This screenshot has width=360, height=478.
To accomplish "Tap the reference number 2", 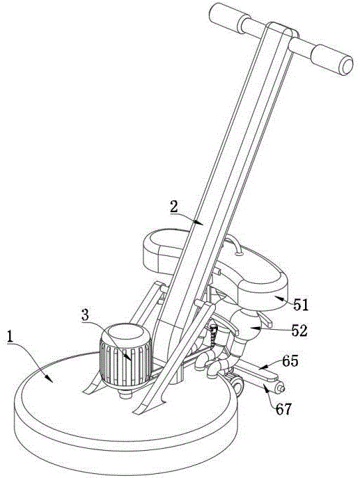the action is click(174, 207).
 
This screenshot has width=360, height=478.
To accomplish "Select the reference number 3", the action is click(86, 315).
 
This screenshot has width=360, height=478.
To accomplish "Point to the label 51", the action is click(301, 305).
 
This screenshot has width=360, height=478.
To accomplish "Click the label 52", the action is click(299, 330).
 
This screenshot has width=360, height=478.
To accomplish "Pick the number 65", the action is click(290, 361).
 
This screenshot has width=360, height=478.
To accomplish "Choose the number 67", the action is click(283, 409).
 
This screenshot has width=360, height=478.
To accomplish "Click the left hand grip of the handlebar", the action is click(225, 16).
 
